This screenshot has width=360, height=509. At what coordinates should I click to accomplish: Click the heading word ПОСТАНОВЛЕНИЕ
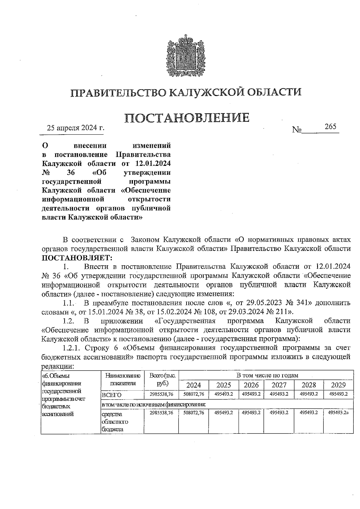pos(187,118)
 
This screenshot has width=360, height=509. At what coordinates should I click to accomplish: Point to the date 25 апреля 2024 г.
pos(76,128)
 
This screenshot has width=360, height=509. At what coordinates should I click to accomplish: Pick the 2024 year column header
pos(193,385)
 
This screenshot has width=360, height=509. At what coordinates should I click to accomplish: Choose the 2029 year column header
pos(338,385)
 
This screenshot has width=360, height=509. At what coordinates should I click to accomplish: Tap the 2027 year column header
pos(279,385)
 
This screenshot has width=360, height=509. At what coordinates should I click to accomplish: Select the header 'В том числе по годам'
pos(267,375)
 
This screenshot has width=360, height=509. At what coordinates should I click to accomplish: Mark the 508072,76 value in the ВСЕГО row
pos(193,394)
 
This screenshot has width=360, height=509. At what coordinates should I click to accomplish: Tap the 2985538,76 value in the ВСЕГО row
pos(161,394)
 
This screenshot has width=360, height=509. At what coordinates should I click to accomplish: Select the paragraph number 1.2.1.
pos(72,348)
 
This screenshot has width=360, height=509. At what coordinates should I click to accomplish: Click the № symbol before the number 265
pos(296,129)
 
